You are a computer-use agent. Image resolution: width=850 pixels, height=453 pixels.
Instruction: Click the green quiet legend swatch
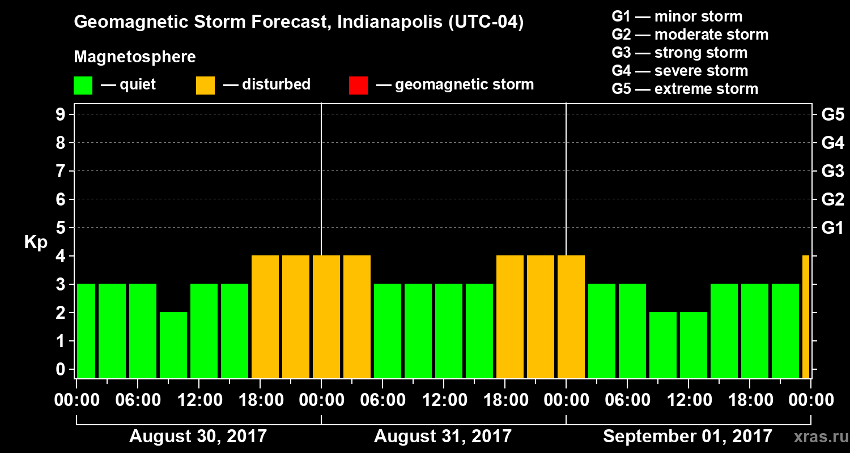[83, 86]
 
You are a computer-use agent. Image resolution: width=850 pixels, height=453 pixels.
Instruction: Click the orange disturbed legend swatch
[205, 86]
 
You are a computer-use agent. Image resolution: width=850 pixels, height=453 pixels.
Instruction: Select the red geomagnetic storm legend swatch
[358, 86]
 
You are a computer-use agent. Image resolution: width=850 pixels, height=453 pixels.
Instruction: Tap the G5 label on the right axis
[832, 115]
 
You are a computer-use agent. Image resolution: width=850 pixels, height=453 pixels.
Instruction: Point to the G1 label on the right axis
[832, 228]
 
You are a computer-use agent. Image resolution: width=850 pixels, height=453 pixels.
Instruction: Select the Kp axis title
[36, 242]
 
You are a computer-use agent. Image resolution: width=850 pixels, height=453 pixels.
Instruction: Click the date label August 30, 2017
[198, 437]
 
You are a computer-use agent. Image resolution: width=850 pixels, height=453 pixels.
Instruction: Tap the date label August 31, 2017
[443, 437]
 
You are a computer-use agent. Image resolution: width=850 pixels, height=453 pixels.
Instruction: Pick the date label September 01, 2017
[687, 437]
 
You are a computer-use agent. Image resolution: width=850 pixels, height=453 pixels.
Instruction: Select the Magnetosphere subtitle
[135, 57]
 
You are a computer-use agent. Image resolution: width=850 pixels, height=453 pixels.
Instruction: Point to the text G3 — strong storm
[679, 53]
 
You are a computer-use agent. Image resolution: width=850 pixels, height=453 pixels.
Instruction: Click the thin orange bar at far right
[806, 317]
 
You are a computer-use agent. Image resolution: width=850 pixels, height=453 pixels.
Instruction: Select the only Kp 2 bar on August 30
[173, 345]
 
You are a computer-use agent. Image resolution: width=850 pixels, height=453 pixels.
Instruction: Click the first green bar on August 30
[86, 331]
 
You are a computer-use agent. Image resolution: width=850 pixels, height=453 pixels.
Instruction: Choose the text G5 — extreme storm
[685, 89]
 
